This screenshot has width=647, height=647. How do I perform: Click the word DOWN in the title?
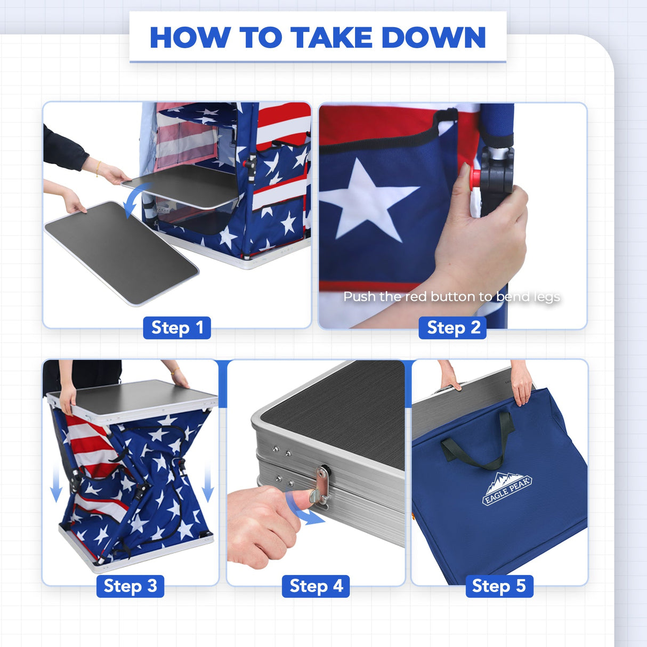coord(433,38)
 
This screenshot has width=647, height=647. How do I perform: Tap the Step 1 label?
coord(177,328)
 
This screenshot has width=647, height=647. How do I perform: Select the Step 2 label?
coord(454,328)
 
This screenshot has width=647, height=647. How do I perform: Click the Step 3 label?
coord(130,586)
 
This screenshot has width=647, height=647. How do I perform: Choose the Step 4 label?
coord(316,586)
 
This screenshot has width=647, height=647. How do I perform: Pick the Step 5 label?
coord(499,586)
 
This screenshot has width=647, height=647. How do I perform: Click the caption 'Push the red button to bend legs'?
coord(451,296)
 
